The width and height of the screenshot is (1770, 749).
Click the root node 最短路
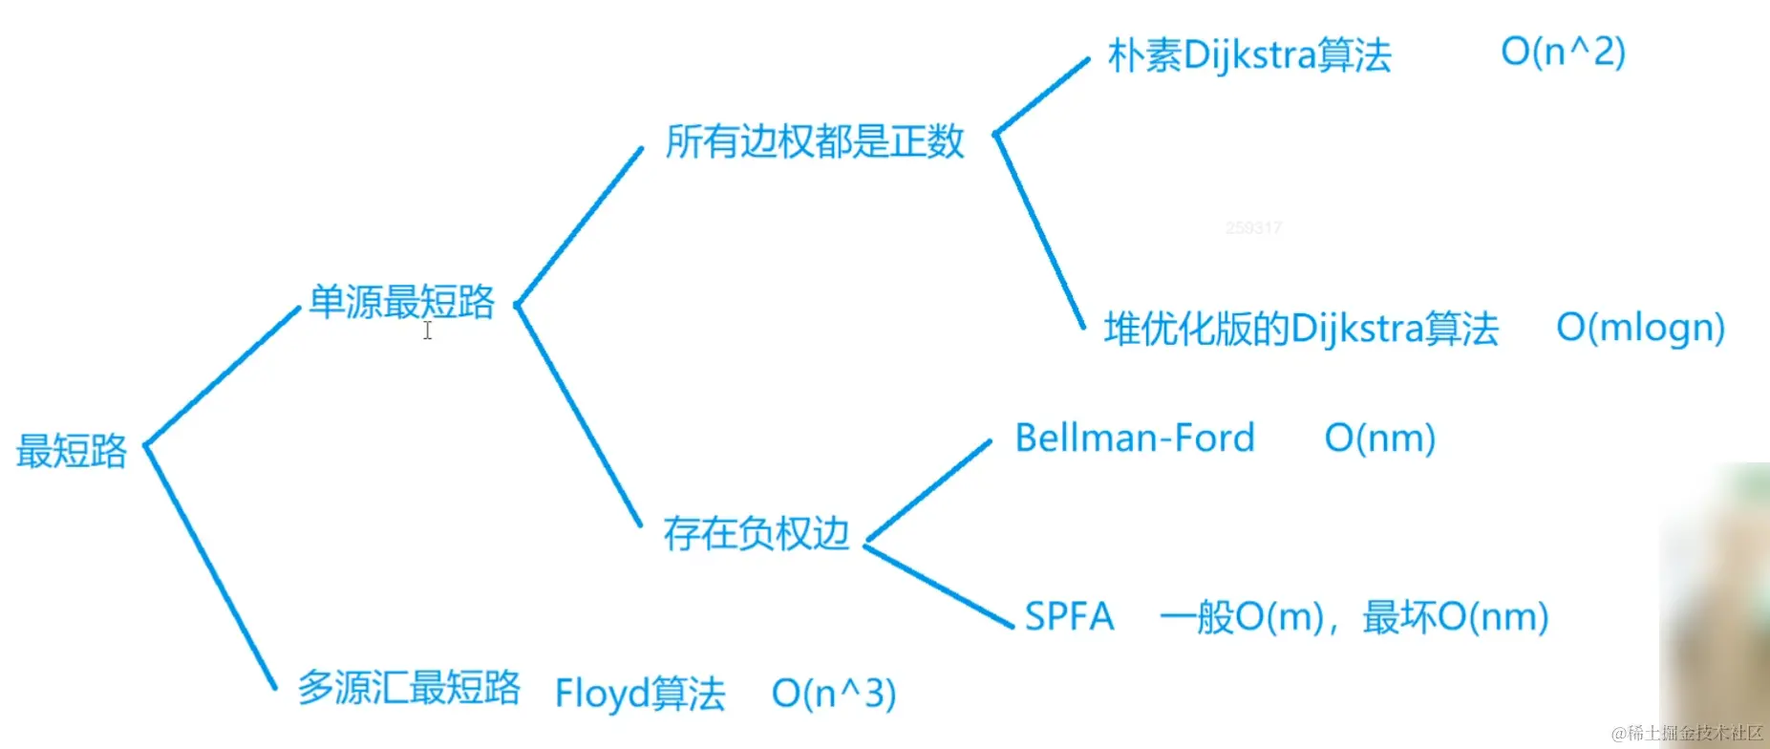click(72, 451)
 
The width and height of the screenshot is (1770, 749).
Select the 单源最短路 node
click(401, 302)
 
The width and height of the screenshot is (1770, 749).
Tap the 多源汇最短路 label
click(409, 687)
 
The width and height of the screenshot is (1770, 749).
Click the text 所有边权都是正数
click(815, 141)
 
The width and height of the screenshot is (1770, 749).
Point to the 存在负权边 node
click(756, 533)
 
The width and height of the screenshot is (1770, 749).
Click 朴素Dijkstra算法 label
click(1249, 55)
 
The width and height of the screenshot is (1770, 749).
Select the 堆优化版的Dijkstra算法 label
click(1301, 329)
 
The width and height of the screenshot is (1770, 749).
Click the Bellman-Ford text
click(1134, 438)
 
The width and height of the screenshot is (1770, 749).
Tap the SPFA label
click(1069, 616)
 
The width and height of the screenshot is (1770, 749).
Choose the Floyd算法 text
click(640, 694)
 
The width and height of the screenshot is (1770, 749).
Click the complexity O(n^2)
click(1563, 52)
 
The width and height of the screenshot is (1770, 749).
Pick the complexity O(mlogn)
click(1640, 328)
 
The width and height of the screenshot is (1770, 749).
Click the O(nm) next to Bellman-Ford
click(1379, 439)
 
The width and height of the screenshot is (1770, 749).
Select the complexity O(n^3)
click(833, 694)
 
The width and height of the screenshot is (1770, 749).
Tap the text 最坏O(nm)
click(1455, 617)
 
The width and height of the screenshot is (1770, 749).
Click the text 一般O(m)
click(1242, 617)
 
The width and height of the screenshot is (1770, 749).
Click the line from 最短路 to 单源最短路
click(223, 375)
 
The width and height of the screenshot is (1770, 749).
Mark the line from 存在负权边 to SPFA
click(939, 587)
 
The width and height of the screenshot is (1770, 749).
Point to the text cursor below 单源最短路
click(428, 331)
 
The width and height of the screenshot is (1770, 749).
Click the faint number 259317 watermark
click(1252, 227)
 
